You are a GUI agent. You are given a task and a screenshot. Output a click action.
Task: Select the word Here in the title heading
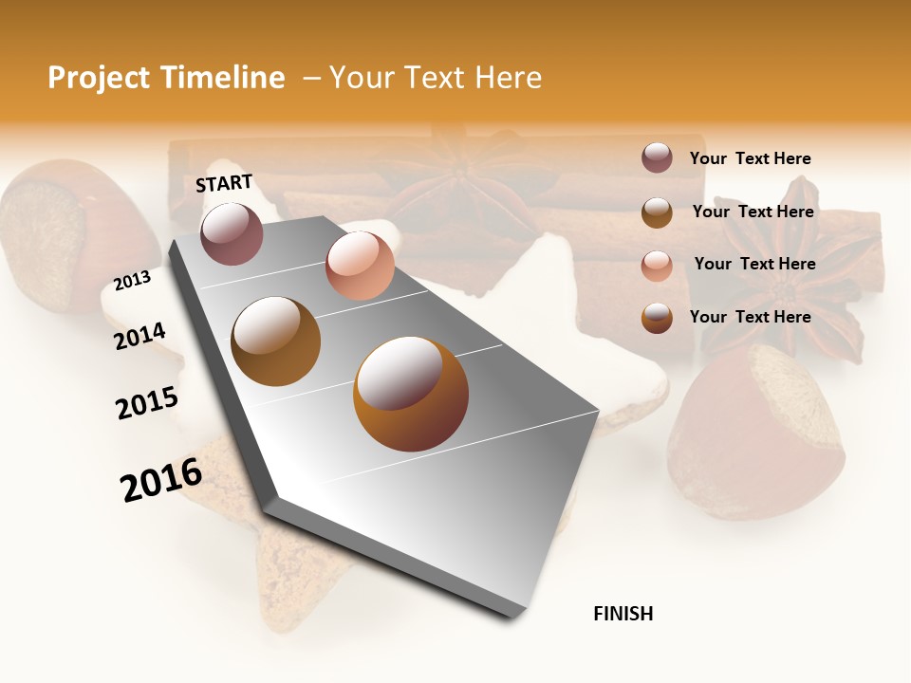[508, 78]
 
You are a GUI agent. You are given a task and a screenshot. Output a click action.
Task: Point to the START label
[224, 183]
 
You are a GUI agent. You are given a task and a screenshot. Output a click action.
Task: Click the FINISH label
[623, 614]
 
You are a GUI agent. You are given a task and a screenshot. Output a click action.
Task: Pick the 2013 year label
[132, 281]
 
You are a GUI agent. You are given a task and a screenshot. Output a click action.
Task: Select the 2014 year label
[139, 336]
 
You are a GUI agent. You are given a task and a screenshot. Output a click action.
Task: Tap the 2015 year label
[146, 403]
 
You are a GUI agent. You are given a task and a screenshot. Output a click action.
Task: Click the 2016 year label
[161, 479]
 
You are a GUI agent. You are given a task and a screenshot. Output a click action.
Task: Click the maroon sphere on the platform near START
[232, 233]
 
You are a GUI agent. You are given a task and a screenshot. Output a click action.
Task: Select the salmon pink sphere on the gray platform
[360, 265]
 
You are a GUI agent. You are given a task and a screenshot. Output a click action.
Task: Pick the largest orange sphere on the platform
[411, 393]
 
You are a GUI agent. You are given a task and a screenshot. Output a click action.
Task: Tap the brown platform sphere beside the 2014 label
[275, 341]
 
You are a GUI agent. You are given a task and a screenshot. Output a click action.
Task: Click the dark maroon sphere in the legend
[657, 157]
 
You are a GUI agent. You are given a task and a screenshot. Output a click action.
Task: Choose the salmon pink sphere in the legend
[657, 266]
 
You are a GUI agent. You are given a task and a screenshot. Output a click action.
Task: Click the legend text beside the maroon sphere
[750, 158]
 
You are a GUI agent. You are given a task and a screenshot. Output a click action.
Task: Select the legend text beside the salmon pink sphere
[754, 264]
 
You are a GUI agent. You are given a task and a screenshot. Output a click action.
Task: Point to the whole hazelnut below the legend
[754, 432]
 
